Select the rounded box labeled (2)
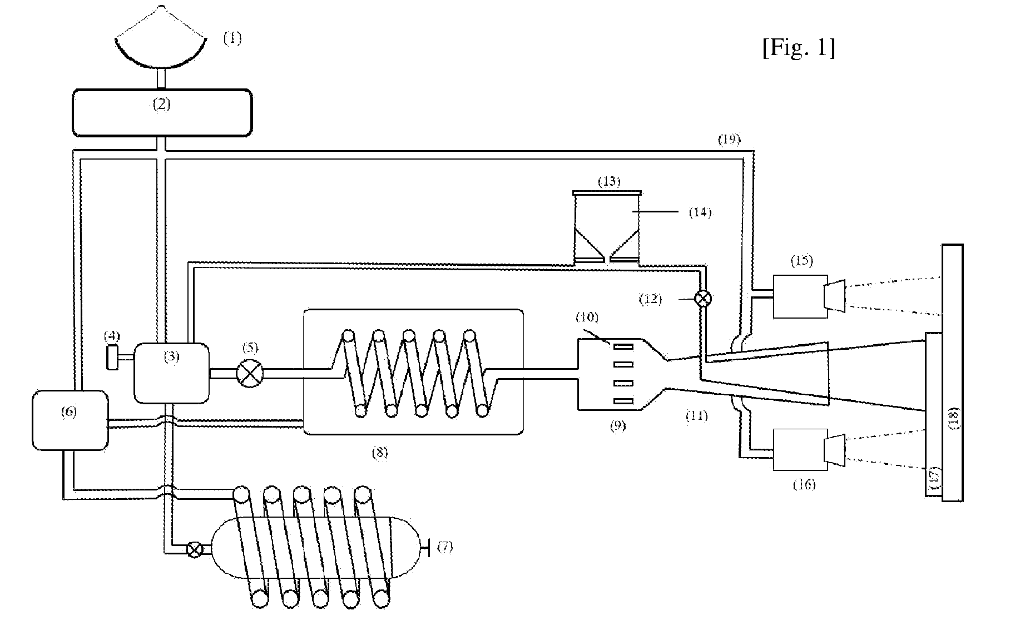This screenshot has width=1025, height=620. pos(162,113)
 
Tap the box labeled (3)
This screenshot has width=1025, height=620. pos(172,373)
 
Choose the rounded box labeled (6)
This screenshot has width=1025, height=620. pos(70,420)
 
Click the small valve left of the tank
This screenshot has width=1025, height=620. pos(194,550)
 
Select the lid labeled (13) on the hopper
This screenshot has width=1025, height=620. pos(608,192)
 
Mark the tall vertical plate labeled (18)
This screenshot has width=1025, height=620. pos(953,373)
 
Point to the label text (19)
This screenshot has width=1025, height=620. pos(729,140)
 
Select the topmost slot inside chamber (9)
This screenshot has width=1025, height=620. pos(623,346)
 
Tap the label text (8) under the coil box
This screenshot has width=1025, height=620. pos(379,453)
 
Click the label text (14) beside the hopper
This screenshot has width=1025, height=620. pos(700,212)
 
